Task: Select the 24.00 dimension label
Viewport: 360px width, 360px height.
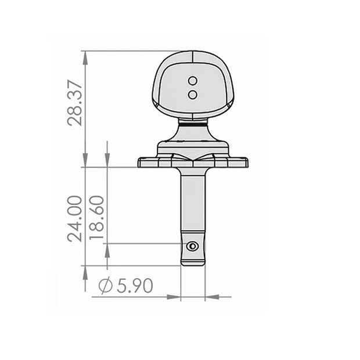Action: coord(75,218)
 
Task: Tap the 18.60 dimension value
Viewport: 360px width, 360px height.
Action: coord(98,218)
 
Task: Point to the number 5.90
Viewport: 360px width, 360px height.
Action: coord(134,286)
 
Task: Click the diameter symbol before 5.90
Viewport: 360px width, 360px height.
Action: coord(105,286)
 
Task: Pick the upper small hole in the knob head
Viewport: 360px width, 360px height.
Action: coord(193,80)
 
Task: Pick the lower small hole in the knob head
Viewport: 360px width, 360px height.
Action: coord(193,93)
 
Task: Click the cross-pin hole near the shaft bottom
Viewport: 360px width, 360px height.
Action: coord(192,246)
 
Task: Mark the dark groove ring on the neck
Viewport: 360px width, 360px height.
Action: coord(193,123)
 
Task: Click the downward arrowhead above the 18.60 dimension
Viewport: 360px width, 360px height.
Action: coord(107,160)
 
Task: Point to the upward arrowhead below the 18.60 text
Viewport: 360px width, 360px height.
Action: coord(107,250)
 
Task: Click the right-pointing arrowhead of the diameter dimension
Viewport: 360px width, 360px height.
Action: coord(174,297)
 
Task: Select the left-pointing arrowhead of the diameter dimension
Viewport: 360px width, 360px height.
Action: coord(213,297)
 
